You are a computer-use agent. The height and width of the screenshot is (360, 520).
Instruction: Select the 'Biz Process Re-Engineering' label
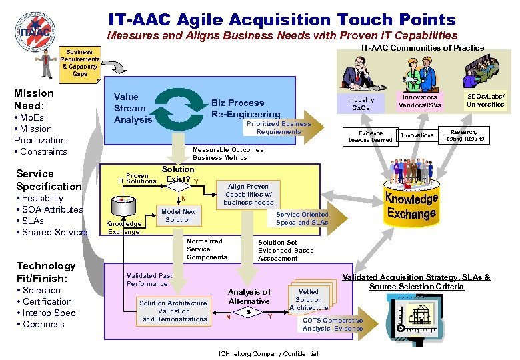(x=245, y=109)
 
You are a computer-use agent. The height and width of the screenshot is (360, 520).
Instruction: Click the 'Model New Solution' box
(x=179, y=215)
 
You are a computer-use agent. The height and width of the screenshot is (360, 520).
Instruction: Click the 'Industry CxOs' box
(x=361, y=104)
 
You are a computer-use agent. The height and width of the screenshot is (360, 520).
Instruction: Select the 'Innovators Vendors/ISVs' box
(x=420, y=101)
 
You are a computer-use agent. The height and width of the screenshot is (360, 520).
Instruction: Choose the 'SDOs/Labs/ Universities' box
(x=485, y=101)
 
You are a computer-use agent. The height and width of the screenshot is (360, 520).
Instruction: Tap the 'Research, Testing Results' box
(x=463, y=135)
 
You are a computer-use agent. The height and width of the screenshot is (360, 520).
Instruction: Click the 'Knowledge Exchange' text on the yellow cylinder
(x=411, y=206)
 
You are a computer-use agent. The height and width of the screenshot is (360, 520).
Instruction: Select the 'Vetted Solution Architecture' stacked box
(x=309, y=299)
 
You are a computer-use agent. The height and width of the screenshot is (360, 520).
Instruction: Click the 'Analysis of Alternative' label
(x=249, y=296)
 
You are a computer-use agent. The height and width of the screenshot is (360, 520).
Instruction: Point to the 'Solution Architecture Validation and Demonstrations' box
(x=173, y=311)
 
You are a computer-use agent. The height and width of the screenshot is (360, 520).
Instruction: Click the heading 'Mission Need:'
(x=34, y=99)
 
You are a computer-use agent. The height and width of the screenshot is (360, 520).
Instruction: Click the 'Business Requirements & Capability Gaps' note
(x=80, y=63)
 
